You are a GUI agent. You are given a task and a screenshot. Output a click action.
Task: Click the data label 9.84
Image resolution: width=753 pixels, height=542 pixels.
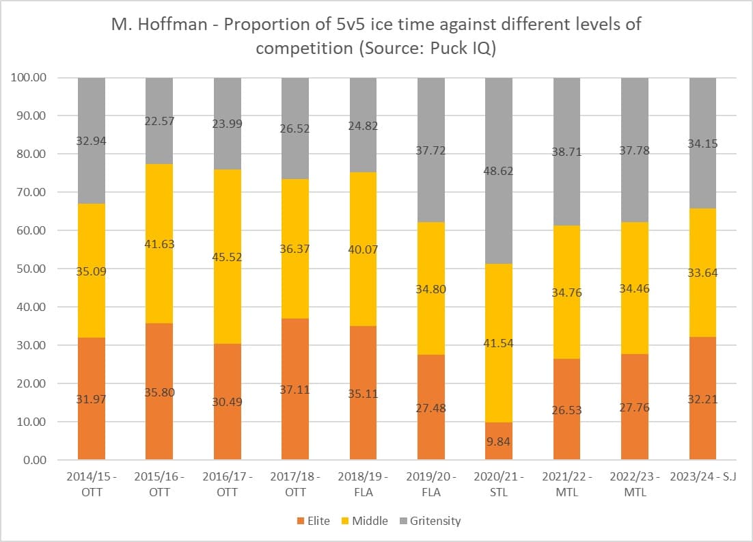pyautogui.click(x=499, y=442)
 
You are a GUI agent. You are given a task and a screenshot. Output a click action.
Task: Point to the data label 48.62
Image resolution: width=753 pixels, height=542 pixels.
pyautogui.click(x=499, y=171)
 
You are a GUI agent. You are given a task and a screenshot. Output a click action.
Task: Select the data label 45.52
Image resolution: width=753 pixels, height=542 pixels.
pyautogui.click(x=228, y=258)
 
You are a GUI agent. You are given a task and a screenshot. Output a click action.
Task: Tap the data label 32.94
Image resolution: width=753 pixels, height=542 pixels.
pyautogui.click(x=92, y=141)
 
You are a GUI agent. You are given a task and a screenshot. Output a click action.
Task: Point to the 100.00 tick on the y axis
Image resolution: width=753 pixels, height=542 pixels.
pyautogui.click(x=29, y=77)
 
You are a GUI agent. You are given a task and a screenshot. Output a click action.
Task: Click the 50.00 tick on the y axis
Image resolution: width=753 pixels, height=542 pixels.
pyautogui.click(x=31, y=269)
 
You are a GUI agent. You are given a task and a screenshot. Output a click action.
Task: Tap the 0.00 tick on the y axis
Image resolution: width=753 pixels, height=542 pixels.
pyautogui.click(x=34, y=460)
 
